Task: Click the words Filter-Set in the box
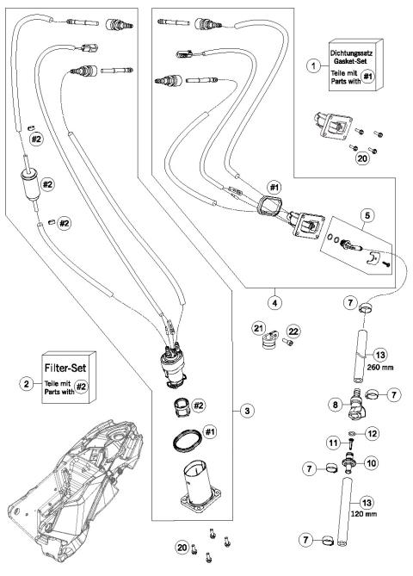tap(68, 375)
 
